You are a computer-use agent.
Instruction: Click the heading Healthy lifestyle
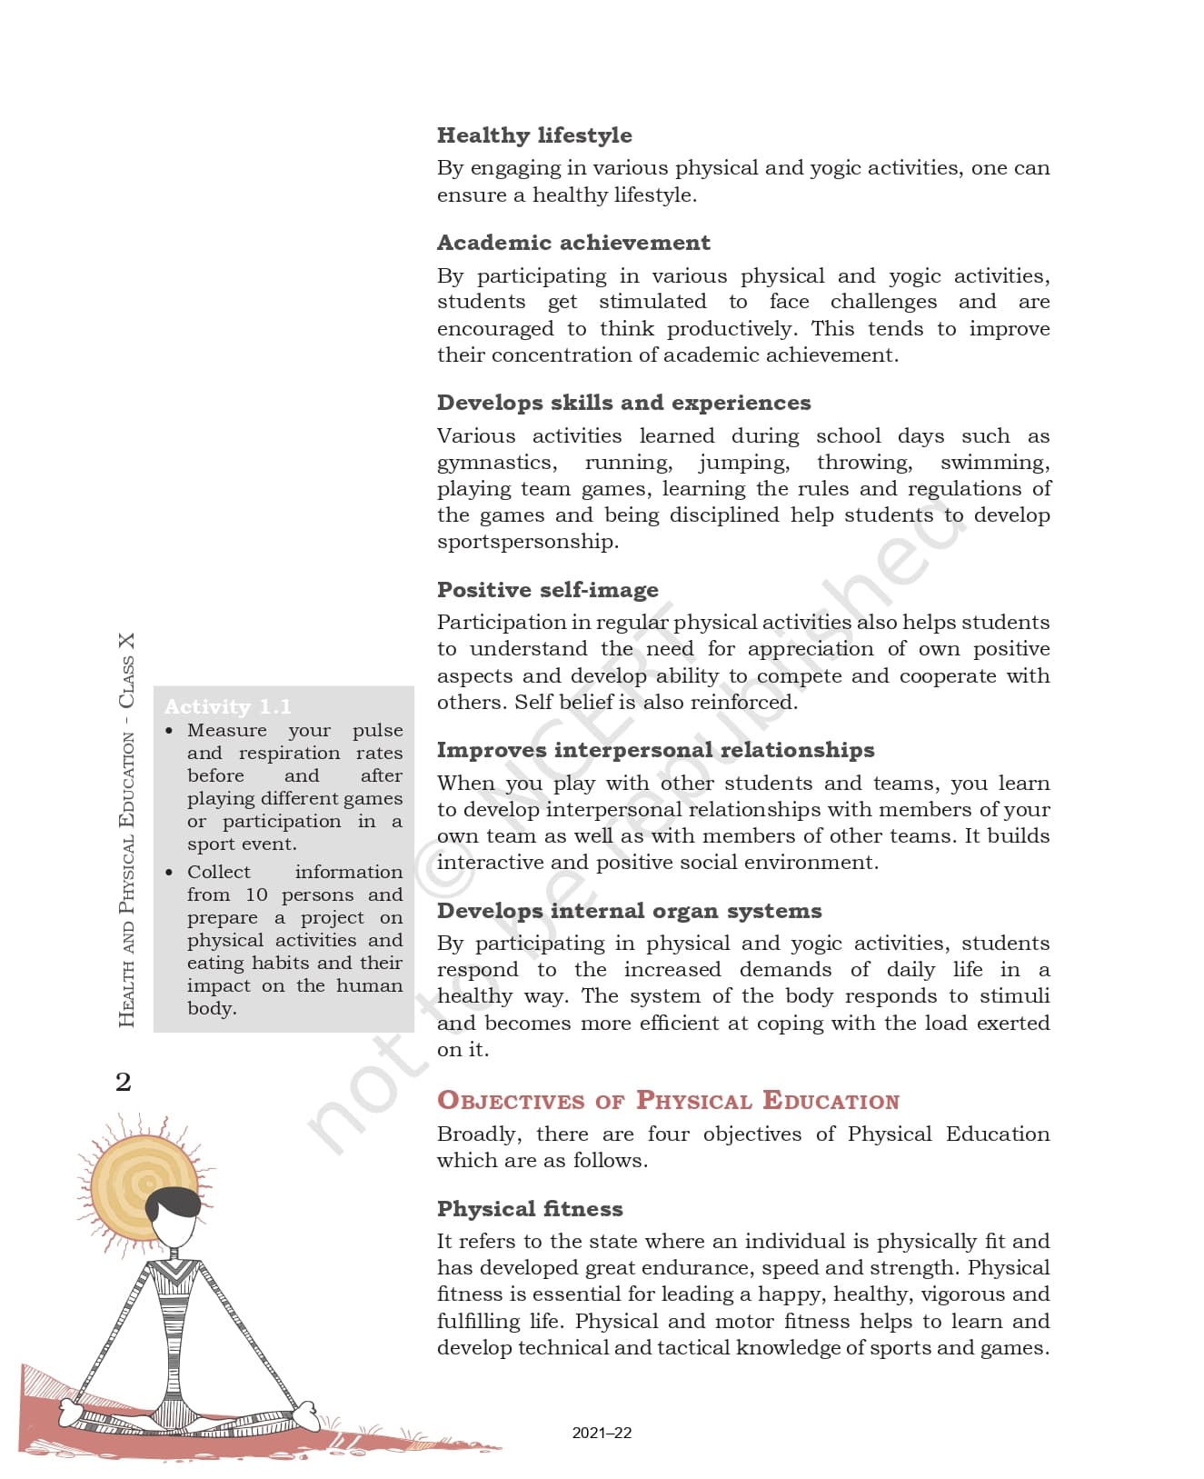(534, 135)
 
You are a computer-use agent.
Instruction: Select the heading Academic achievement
(573, 243)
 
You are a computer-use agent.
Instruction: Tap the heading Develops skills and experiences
(623, 403)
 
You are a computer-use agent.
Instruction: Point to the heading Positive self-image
(547, 590)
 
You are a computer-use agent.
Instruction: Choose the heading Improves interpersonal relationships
(655, 750)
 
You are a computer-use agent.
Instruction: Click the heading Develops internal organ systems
(629, 911)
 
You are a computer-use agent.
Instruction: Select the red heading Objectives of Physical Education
(668, 1101)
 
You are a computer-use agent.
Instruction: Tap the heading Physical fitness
(530, 1209)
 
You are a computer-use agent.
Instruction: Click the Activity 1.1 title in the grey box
(227, 706)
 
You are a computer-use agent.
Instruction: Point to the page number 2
(124, 1082)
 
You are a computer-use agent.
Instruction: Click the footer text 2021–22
(602, 1433)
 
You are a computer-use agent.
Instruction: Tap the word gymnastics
(496, 463)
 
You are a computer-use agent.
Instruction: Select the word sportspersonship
(527, 542)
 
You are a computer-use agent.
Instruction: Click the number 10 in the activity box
(256, 894)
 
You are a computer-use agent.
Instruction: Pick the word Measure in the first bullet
(227, 730)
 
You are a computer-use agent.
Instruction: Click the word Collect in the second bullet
(219, 872)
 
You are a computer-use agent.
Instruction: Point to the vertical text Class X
(126, 671)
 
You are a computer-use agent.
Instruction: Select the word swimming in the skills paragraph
(995, 463)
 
